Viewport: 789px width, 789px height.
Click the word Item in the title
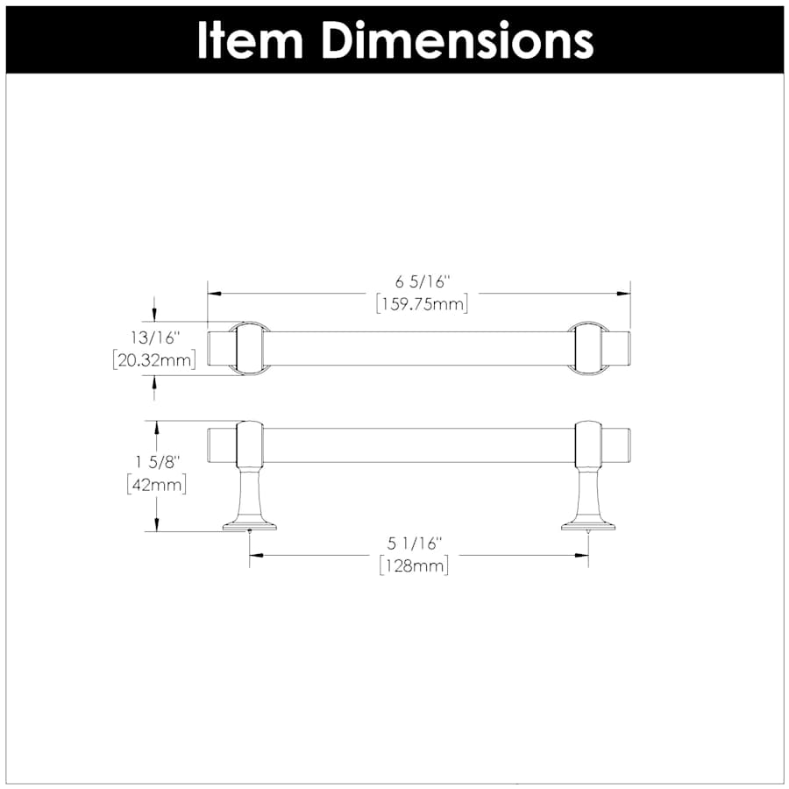(250, 40)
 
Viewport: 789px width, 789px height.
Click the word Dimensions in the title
(458, 40)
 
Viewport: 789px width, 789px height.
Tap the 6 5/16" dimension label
(421, 282)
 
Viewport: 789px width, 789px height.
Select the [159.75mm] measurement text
(423, 304)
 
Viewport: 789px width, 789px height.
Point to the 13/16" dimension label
(154, 338)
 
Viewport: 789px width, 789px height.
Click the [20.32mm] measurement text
(154, 360)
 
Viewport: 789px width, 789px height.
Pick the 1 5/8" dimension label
(158, 462)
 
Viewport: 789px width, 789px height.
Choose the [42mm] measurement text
(157, 485)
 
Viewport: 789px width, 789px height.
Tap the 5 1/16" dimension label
(414, 544)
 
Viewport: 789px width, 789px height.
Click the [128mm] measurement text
(414, 566)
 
